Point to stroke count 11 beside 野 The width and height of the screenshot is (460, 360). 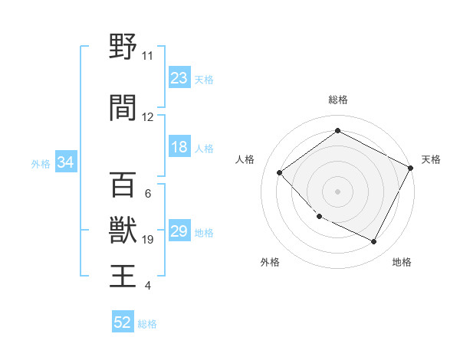pos(147,56)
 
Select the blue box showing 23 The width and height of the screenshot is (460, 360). pos(179,78)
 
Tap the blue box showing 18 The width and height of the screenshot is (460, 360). pos(179,147)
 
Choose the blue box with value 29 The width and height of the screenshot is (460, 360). pos(179,231)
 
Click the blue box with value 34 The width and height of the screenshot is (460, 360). pos(65,162)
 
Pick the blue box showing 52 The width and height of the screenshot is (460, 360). pos(123,323)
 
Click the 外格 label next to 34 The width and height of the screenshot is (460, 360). pos(41,163)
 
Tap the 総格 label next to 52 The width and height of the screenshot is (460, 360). pos(147,324)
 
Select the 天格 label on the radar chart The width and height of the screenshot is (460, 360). pos(431,159)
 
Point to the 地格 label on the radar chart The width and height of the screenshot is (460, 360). pos(402,263)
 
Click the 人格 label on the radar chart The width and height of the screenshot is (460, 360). pos(245,159)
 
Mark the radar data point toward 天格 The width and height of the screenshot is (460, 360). pos(412,168)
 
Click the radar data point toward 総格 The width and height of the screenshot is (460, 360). pos(337,131)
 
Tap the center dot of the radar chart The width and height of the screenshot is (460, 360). pos(337,191)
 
